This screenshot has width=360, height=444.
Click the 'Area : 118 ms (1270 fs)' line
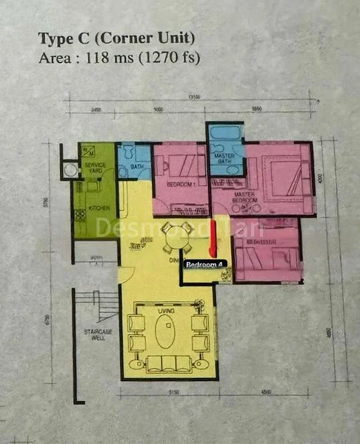click(x=119, y=57)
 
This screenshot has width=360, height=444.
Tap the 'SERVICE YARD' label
click(x=95, y=167)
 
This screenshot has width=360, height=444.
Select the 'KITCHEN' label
click(x=99, y=209)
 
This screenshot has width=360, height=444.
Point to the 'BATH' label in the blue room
click(x=136, y=167)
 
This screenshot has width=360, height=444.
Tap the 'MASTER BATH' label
click(x=224, y=158)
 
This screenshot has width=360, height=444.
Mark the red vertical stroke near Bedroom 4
click(x=213, y=238)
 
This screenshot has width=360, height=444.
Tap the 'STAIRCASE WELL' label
click(x=96, y=335)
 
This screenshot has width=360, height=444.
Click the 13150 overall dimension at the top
click(x=194, y=97)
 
